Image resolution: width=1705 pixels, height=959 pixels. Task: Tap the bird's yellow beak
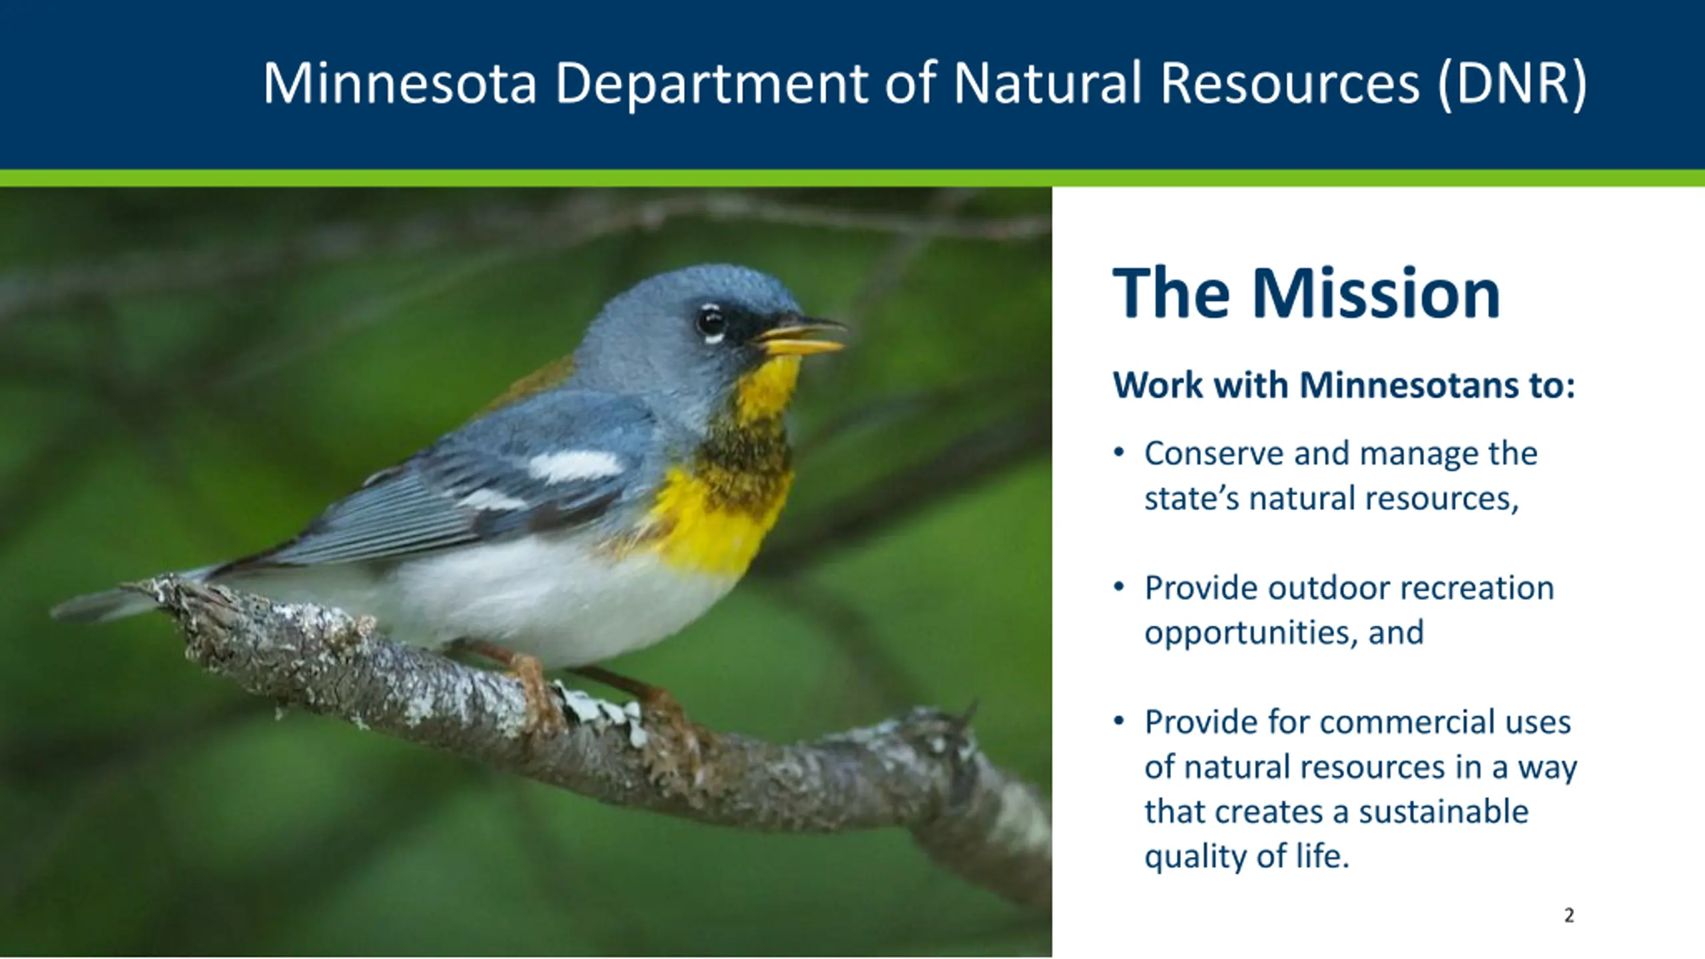pyautogui.click(x=803, y=336)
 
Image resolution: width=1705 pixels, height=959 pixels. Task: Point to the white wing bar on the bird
pyautogui.click(x=575, y=466)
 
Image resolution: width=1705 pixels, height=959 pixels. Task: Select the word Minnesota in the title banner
pyautogui.click(x=400, y=83)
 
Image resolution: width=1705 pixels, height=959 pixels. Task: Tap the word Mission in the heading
pyautogui.click(x=1376, y=294)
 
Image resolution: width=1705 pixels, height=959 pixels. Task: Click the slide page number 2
pyautogui.click(x=1569, y=916)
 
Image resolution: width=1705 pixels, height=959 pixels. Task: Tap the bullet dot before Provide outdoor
pyautogui.click(x=1119, y=587)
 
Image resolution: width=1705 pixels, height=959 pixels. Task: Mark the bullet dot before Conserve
pyautogui.click(x=1119, y=453)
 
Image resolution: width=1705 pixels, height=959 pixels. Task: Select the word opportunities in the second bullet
pyautogui.click(x=1251, y=633)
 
